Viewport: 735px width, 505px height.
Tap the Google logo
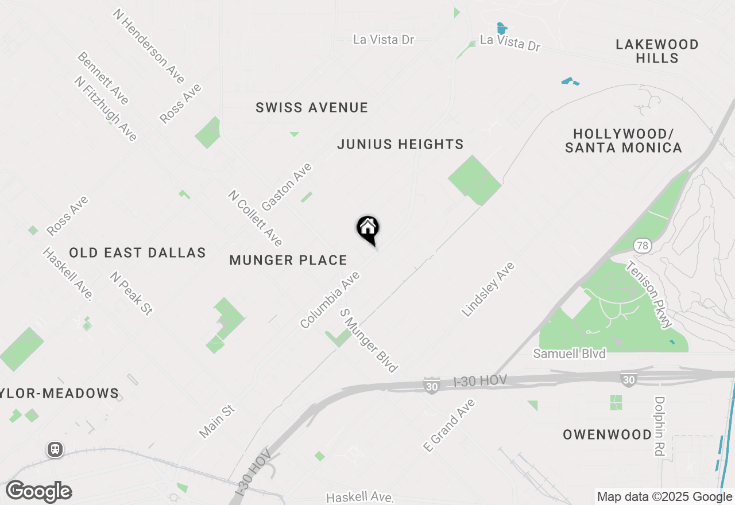(39, 492)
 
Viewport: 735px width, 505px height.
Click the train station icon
(55, 449)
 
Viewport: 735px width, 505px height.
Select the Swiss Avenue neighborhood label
(312, 108)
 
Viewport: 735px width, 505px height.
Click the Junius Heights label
(400, 144)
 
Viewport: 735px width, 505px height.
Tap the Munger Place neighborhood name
(288, 261)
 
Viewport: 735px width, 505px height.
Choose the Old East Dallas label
(137, 253)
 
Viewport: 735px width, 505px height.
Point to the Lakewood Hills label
(657, 51)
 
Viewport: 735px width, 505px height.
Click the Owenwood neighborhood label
(607, 434)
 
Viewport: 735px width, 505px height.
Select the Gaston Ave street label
(287, 187)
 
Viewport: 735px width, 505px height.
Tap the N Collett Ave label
(255, 218)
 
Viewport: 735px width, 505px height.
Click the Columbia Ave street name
(330, 300)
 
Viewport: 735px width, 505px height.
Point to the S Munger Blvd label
(369, 340)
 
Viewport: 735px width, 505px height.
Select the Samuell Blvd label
(569, 353)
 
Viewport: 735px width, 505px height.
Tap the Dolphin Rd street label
(659, 426)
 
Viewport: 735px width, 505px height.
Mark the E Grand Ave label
(449, 425)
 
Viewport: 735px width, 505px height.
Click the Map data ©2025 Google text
(664, 497)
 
